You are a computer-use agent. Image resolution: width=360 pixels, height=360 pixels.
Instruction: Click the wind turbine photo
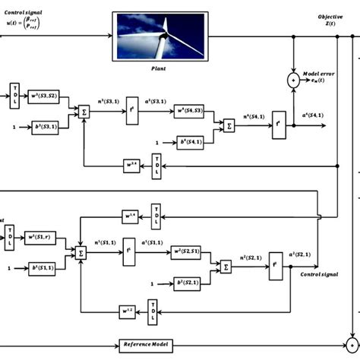tap(159, 35)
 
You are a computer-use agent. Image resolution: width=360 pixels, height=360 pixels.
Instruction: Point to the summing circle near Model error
tap(293, 79)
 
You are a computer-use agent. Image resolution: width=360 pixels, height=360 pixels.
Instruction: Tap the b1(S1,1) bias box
tap(40, 268)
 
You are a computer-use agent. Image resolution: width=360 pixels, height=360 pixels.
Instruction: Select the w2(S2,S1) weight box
tap(187, 251)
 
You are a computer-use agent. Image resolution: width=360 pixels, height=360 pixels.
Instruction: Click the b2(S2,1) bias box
tap(187, 282)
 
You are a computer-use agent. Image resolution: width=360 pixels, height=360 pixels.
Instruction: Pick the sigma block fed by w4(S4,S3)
tap(227, 126)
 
